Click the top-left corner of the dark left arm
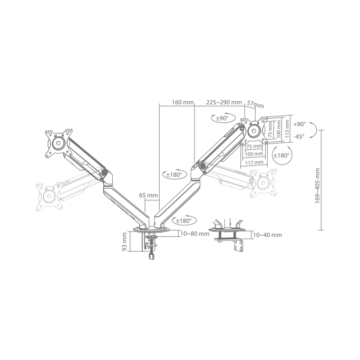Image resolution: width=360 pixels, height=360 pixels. pos(46,129)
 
